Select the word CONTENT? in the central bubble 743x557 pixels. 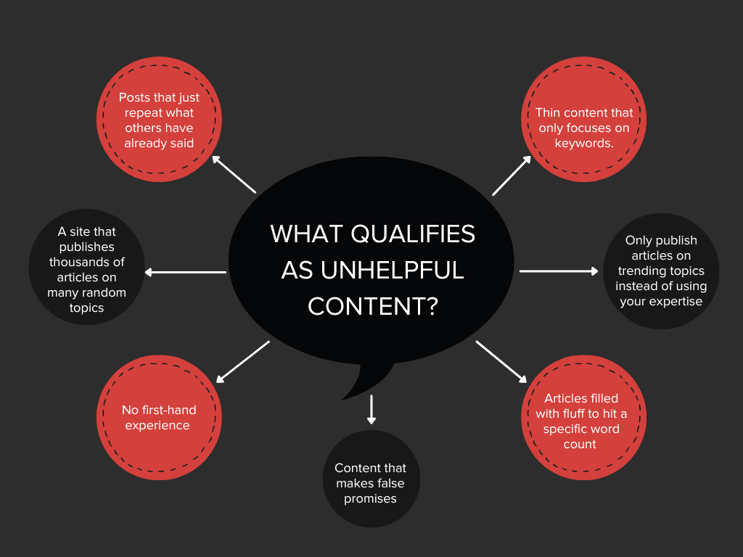(372, 306)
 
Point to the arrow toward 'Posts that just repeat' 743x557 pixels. (234, 173)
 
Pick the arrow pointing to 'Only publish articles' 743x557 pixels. (559, 271)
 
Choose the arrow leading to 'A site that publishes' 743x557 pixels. (186, 273)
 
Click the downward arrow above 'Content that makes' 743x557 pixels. (371, 409)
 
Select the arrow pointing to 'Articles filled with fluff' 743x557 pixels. (501, 360)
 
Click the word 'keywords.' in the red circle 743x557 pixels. (584, 143)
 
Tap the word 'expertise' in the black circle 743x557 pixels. (676, 301)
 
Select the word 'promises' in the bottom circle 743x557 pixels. (370, 498)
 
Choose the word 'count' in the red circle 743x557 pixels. (580, 444)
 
